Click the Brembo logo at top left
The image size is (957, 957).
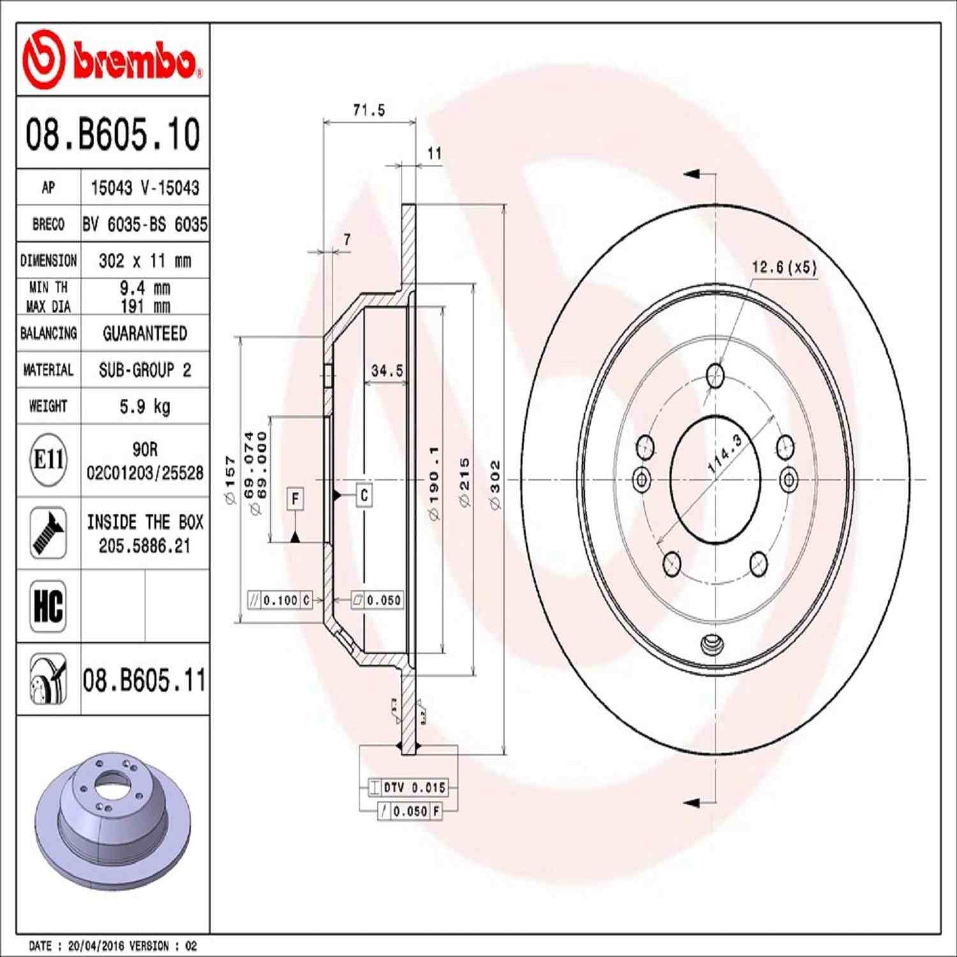[111, 60]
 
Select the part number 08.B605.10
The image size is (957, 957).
[113, 134]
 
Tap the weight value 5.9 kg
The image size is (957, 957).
[144, 406]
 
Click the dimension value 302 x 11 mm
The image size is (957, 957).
[144, 261]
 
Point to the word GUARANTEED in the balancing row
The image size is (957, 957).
[144, 333]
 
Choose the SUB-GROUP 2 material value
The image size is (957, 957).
[144, 370]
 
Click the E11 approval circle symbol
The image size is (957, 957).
[48, 460]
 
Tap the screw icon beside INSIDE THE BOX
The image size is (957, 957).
[48, 533]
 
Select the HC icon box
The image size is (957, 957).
[48, 605]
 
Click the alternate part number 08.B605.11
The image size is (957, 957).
[144, 680]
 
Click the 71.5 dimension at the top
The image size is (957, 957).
[369, 111]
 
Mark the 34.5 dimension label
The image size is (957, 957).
[387, 371]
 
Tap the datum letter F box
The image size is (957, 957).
[295, 498]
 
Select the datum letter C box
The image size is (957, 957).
[364, 495]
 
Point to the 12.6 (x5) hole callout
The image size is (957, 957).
[784, 268]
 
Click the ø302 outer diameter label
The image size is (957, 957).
[495, 485]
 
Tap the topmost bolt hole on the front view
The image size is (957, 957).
[715, 376]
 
